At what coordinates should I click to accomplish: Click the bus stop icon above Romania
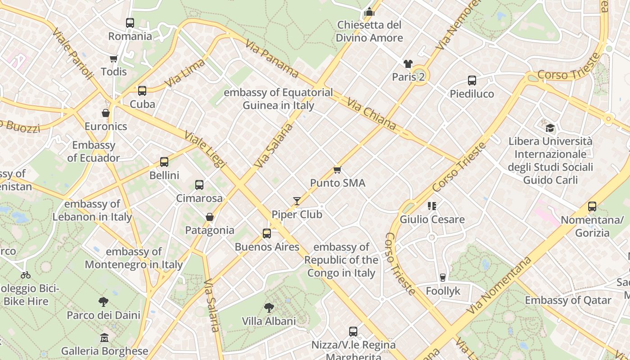pyautogui.click(x=130, y=22)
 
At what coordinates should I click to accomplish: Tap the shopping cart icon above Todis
pyautogui.click(x=113, y=58)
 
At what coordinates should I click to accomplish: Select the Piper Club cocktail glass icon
pyautogui.click(x=297, y=201)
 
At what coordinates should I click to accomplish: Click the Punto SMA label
pyautogui.click(x=337, y=183)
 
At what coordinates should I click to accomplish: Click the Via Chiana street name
pyautogui.click(x=371, y=114)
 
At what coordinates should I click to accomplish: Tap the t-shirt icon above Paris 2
pyautogui.click(x=408, y=64)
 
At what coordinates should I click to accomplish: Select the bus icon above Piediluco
pyautogui.click(x=472, y=81)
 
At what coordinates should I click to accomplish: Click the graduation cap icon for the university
pyautogui.click(x=550, y=128)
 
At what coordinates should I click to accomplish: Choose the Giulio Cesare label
pyautogui.click(x=432, y=220)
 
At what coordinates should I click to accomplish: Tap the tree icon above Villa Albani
pyautogui.click(x=269, y=308)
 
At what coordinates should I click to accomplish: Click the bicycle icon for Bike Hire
pyautogui.click(x=26, y=274)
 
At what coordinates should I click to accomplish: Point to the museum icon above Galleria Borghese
pyautogui.click(x=104, y=337)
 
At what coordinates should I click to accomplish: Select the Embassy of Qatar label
pyautogui.click(x=568, y=300)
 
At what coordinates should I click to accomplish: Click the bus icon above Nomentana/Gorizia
pyautogui.click(x=592, y=207)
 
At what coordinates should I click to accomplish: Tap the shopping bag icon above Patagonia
pyautogui.click(x=210, y=217)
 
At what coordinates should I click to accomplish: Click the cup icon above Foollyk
pyautogui.click(x=443, y=278)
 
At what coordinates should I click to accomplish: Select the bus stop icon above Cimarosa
pyautogui.click(x=199, y=184)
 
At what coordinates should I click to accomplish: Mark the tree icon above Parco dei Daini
pyautogui.click(x=103, y=302)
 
